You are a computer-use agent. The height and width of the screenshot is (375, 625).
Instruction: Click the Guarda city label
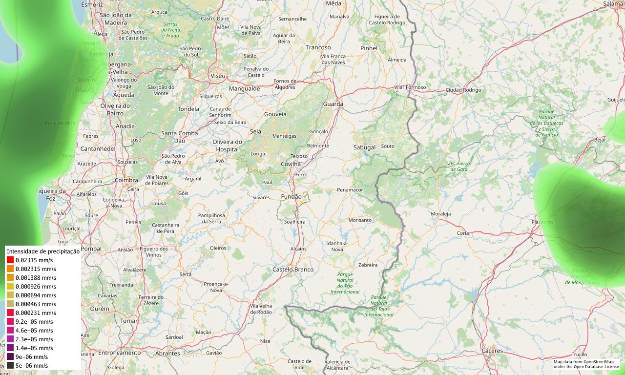pyautogui.click(x=333, y=104)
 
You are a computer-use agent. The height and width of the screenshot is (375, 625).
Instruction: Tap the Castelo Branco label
pyautogui.click(x=293, y=270)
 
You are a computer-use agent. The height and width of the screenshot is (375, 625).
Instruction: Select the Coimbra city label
pyautogui.click(x=126, y=180)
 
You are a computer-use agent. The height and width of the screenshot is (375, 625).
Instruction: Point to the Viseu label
pyautogui.click(x=218, y=76)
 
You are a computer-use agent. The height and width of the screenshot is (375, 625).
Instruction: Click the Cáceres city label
pyautogui.click(x=492, y=351)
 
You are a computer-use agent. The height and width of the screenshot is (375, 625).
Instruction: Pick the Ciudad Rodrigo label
pyautogui.click(x=463, y=90)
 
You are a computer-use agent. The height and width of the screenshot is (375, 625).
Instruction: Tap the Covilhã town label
pyautogui.click(x=291, y=164)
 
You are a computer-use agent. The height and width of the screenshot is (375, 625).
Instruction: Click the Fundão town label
pyautogui.click(x=292, y=197)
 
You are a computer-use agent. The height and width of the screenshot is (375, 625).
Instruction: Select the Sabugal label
pyautogui.click(x=364, y=147)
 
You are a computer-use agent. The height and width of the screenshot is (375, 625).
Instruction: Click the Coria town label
pyautogui.click(x=462, y=233)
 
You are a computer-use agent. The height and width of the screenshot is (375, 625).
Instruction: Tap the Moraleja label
pyautogui.click(x=440, y=214)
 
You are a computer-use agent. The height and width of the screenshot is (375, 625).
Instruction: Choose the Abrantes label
pyautogui.click(x=167, y=354)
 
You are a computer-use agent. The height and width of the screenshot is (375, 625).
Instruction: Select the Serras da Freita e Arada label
pyautogui.click(x=171, y=30)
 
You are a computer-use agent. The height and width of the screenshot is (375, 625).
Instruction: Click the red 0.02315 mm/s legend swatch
pyautogui.click(x=10, y=260)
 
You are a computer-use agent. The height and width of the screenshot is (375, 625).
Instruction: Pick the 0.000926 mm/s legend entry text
pyautogui.click(x=36, y=287)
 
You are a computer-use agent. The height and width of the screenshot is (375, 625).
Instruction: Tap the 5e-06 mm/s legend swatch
pyautogui.click(x=10, y=366)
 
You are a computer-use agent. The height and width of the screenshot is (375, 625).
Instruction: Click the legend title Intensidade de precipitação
pyautogui.click(x=43, y=251)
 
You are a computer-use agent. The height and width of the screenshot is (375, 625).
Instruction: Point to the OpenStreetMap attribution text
pyautogui.click(x=586, y=364)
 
